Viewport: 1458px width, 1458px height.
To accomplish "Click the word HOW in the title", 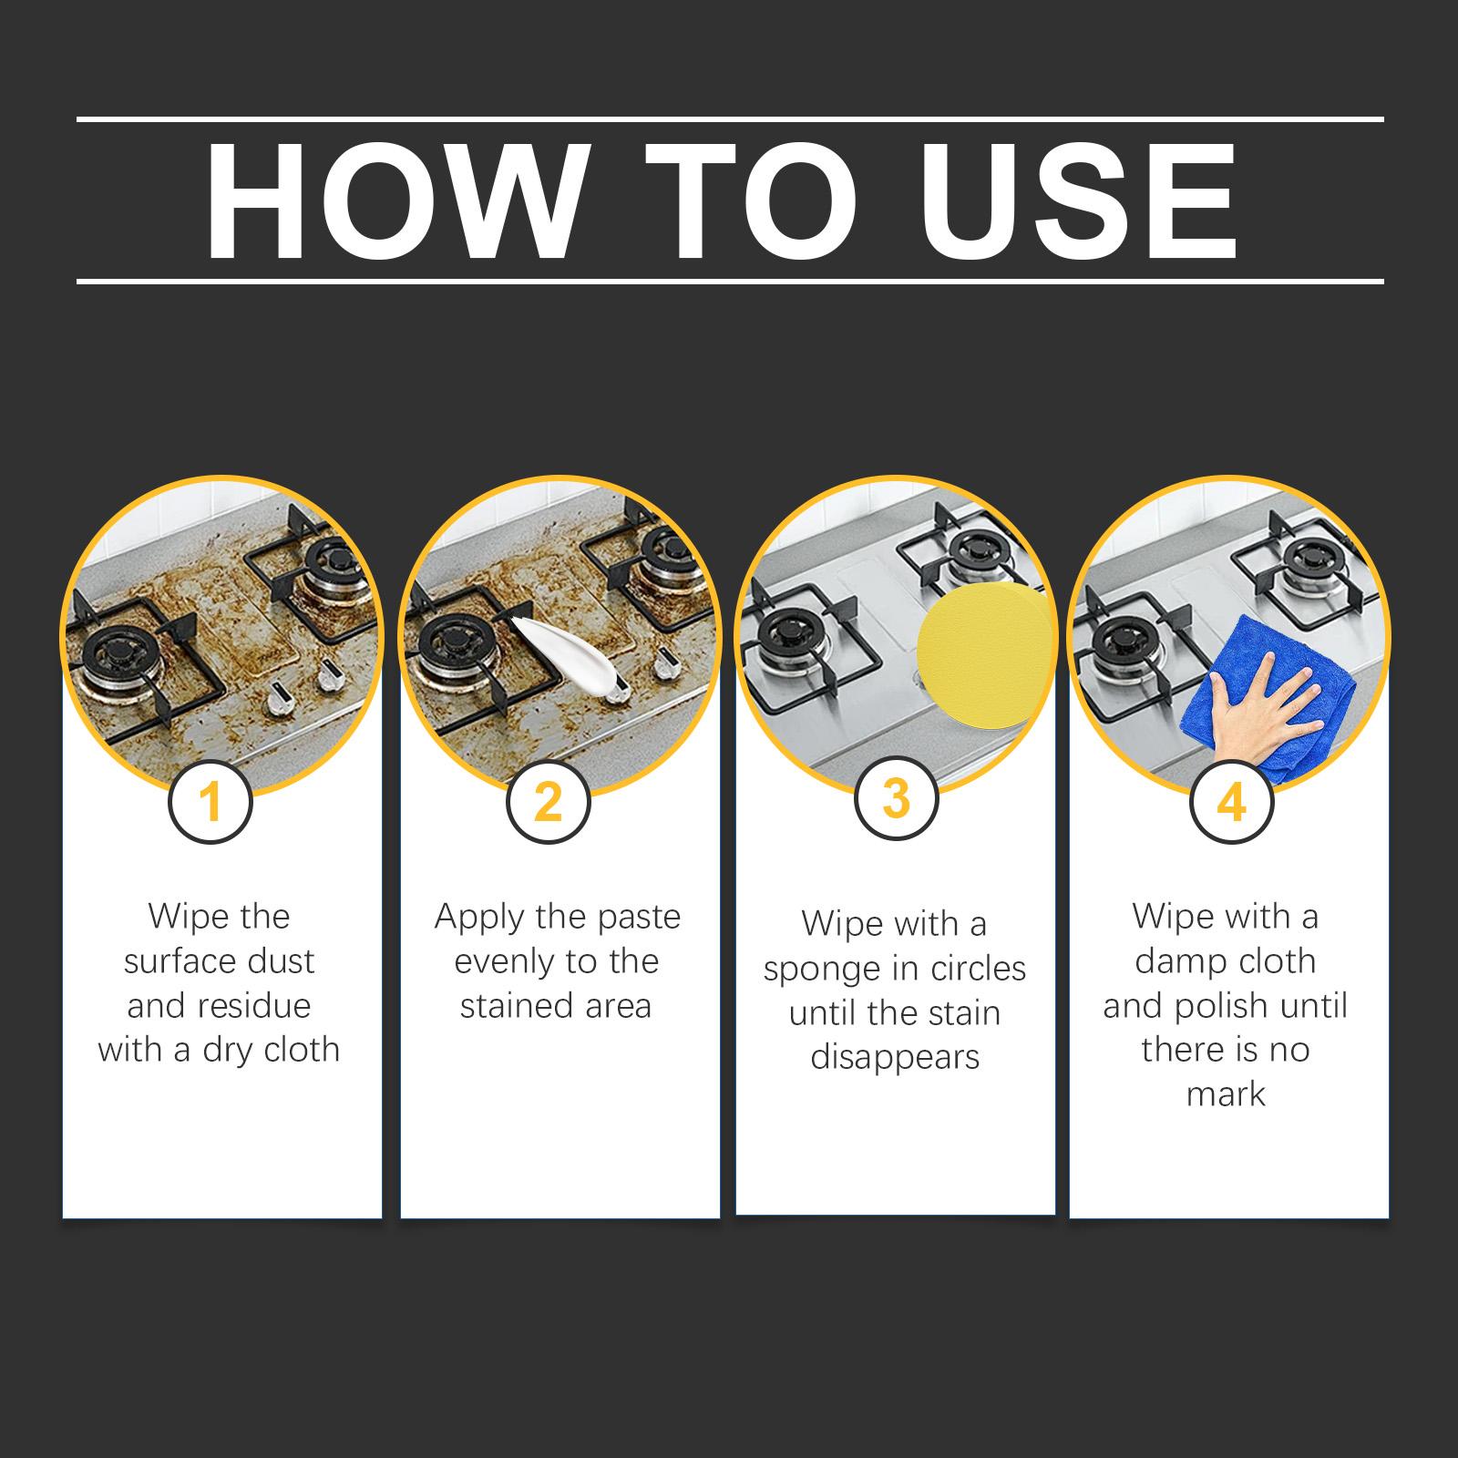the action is tap(394, 201).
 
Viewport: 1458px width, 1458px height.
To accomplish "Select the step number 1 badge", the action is tap(210, 802).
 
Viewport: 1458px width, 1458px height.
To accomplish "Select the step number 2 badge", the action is tap(549, 802).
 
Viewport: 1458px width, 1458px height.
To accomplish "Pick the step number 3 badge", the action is tap(897, 798).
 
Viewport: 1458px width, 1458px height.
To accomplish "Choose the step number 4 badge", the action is tap(1232, 802).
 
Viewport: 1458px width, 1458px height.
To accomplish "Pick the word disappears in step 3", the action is tap(895, 1059).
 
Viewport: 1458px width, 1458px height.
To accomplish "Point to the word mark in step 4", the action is tap(1226, 1094).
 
